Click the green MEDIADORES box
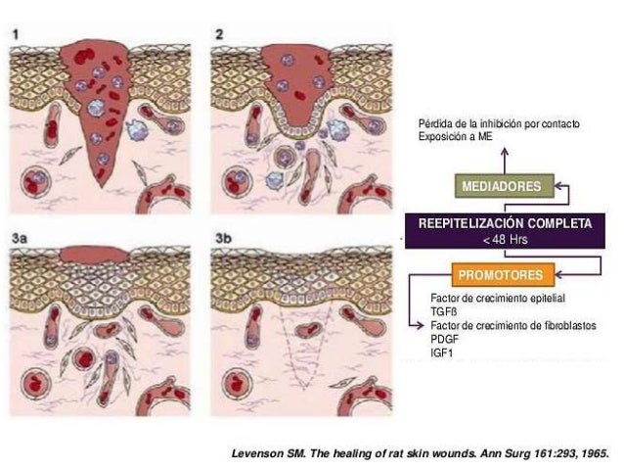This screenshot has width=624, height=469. [x=505, y=186]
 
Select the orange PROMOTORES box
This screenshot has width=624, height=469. [x=503, y=275]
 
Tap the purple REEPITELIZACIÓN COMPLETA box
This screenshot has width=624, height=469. [x=505, y=231]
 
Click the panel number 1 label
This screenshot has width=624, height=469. [x=16, y=34]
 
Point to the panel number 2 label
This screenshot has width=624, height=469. [x=219, y=34]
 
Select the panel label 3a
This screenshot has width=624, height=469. [x=20, y=238]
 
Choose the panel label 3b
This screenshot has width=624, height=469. [x=223, y=238]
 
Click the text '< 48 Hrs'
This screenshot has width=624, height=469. [x=506, y=240]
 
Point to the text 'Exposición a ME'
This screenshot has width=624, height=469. [x=455, y=137]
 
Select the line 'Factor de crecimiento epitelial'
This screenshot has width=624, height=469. [x=498, y=298]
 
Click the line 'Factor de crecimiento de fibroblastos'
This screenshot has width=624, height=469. [x=513, y=325]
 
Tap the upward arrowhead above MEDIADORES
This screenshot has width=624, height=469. [x=505, y=152]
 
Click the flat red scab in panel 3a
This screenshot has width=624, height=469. [x=94, y=255]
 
